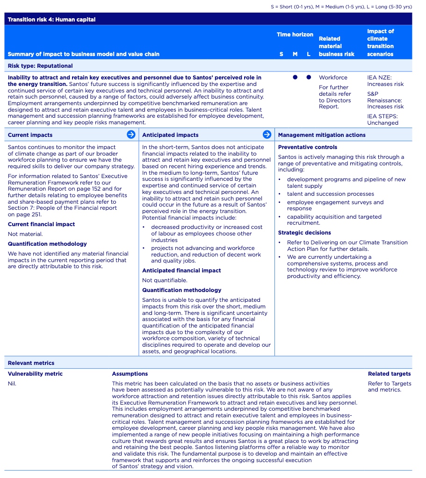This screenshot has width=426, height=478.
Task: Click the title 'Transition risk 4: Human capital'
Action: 51,20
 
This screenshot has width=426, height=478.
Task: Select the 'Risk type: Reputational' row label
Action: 40,66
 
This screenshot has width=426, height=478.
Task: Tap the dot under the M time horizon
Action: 295,78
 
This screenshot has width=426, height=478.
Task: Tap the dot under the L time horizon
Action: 309,78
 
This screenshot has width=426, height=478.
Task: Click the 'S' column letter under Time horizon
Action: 281,54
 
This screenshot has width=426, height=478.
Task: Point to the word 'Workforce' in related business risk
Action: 333,78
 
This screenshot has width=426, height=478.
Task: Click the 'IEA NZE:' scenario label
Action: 379,78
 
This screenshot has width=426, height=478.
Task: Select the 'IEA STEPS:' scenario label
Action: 382,116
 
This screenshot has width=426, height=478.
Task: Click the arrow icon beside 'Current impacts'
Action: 131,135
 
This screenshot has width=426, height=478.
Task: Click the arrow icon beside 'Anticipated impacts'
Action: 267,135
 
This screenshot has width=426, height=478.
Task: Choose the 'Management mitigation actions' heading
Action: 322,135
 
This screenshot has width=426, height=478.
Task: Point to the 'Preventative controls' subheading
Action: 307,147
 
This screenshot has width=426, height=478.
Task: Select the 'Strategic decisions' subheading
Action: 304,233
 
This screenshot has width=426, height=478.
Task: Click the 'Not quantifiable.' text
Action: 165,280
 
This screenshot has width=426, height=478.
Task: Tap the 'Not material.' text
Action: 25,234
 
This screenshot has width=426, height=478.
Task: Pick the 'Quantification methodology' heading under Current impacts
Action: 47,244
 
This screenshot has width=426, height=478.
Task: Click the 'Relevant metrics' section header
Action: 31,363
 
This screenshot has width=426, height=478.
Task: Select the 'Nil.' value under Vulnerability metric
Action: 12,384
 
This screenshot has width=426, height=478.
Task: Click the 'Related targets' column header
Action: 389,374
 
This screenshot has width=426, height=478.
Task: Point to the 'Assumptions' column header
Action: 130,374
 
